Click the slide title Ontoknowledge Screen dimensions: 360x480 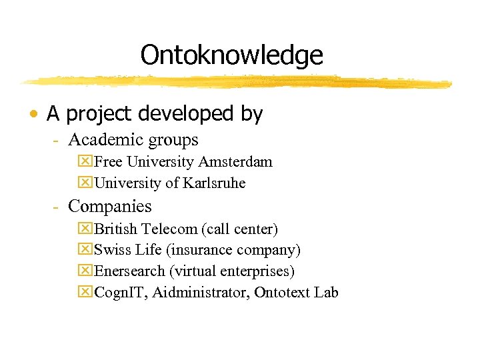click(x=231, y=55)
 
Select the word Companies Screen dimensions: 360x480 click(x=110, y=207)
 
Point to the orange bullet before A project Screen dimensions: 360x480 click(x=33, y=115)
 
